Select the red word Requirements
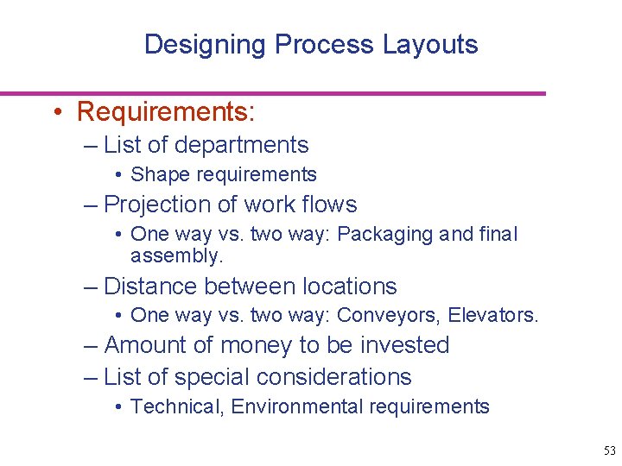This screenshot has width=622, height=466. pyautogui.click(x=164, y=112)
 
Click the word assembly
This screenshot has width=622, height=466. pyautogui.click(x=175, y=256)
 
